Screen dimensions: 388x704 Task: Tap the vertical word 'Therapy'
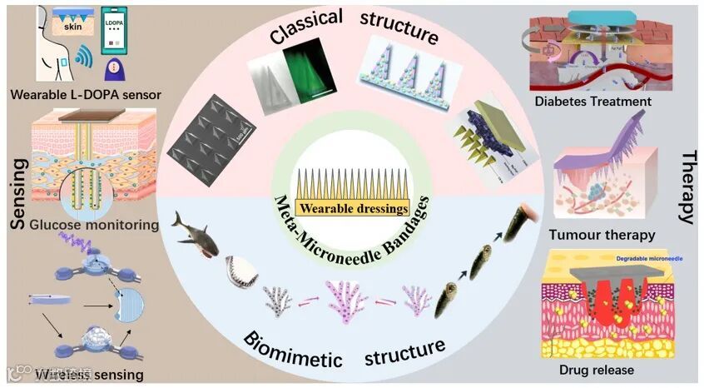click(x=687, y=188)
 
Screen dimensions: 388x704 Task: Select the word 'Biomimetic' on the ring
click(x=292, y=350)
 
